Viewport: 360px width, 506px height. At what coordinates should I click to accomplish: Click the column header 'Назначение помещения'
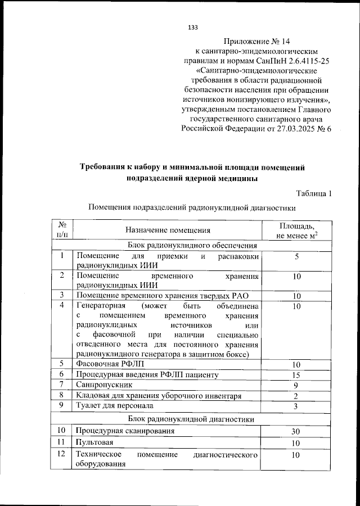[x=168, y=229]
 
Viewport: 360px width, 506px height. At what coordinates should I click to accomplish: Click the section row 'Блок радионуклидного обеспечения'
[x=193, y=245]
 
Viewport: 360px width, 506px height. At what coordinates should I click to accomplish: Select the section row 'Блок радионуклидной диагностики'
[x=193, y=419]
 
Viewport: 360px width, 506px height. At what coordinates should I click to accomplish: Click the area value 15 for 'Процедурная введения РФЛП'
[x=296, y=375]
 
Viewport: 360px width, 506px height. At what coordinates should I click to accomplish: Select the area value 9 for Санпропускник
[x=296, y=386]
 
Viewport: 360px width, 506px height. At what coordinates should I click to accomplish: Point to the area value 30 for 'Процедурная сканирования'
[x=296, y=432]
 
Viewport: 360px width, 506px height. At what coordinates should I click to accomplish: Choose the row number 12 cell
[x=62, y=454]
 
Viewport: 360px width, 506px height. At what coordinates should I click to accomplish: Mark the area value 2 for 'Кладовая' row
[x=296, y=396]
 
